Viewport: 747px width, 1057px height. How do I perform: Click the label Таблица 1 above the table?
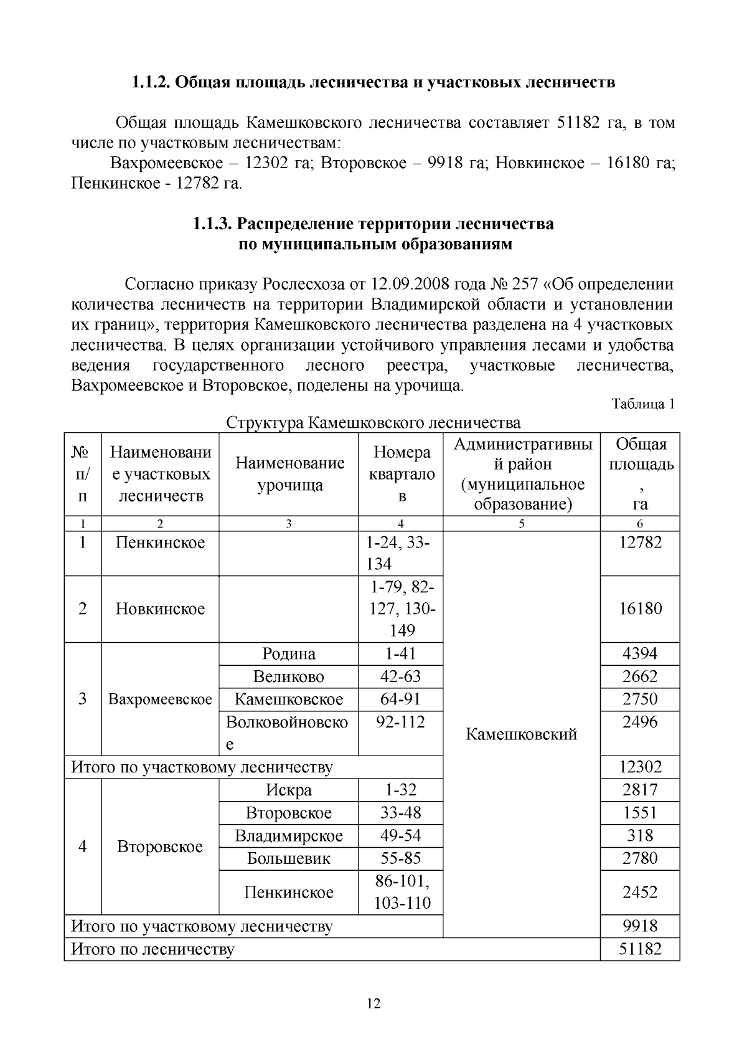[x=643, y=404]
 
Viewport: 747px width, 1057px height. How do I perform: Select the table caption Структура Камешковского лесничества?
[x=373, y=423]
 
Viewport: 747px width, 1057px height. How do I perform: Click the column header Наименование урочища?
[x=289, y=474]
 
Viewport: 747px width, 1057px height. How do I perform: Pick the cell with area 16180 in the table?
[x=640, y=609]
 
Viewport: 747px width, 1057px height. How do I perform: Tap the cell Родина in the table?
[x=289, y=653]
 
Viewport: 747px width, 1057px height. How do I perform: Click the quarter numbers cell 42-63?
[x=400, y=676]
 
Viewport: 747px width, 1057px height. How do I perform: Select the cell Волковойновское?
[x=287, y=732]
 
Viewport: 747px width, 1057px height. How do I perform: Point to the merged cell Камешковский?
[x=521, y=734]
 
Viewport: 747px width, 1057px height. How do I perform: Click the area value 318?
[x=640, y=835]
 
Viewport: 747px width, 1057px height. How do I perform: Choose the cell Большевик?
[x=289, y=858]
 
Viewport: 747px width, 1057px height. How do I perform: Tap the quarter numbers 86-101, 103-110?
[x=402, y=892]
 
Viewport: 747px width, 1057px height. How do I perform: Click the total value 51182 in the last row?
[x=640, y=949]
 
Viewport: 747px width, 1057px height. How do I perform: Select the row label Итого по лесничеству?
[x=153, y=949]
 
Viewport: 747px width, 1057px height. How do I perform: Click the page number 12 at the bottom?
[x=374, y=1003]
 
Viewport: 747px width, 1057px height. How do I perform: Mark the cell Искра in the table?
[x=289, y=790]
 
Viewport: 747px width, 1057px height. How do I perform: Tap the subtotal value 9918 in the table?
[x=640, y=926]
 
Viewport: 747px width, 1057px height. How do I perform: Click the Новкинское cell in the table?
[x=160, y=609]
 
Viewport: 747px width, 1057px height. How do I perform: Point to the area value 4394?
[x=640, y=653]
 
